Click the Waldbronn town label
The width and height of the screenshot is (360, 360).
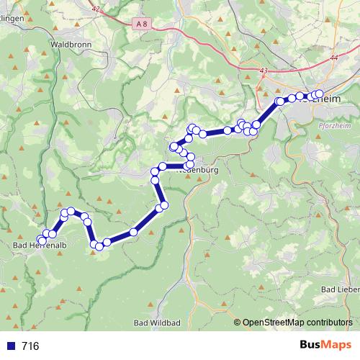coord(70,44)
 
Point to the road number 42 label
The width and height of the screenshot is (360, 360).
coord(96,9)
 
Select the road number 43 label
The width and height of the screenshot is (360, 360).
coord(263,71)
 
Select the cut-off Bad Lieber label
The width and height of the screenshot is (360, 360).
coord(339,289)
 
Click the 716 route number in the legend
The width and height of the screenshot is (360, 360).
coord(30,346)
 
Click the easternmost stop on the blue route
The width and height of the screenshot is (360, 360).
coord(319,94)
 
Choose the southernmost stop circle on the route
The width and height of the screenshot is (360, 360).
coord(99,247)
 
